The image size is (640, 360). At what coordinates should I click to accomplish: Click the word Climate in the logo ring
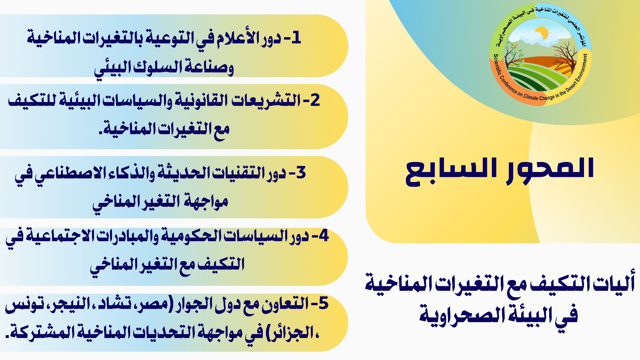pyautogui.click(x=531, y=97)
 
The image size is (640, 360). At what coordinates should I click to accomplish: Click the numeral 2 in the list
pyautogui.click(x=314, y=100)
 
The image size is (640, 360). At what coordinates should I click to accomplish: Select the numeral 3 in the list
pyautogui.click(x=300, y=172)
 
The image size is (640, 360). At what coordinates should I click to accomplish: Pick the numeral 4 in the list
pyautogui.click(x=323, y=236)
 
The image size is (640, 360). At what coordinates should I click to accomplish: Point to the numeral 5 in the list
pyautogui.click(x=323, y=303)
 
